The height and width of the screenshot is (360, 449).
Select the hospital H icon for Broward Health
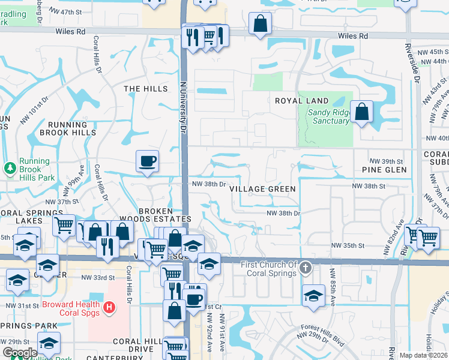pos(109,308)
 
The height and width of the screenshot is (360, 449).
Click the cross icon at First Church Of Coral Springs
pos(306,266)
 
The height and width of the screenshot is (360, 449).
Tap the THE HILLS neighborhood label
pos(146,89)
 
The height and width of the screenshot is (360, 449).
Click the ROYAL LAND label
pos(302,101)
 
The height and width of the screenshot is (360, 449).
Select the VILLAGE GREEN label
pos(262,189)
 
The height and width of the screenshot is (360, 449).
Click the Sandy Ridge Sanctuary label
pos(328,116)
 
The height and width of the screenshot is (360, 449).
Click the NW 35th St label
pos(349,246)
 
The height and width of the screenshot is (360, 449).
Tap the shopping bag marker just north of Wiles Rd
pos(260,25)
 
